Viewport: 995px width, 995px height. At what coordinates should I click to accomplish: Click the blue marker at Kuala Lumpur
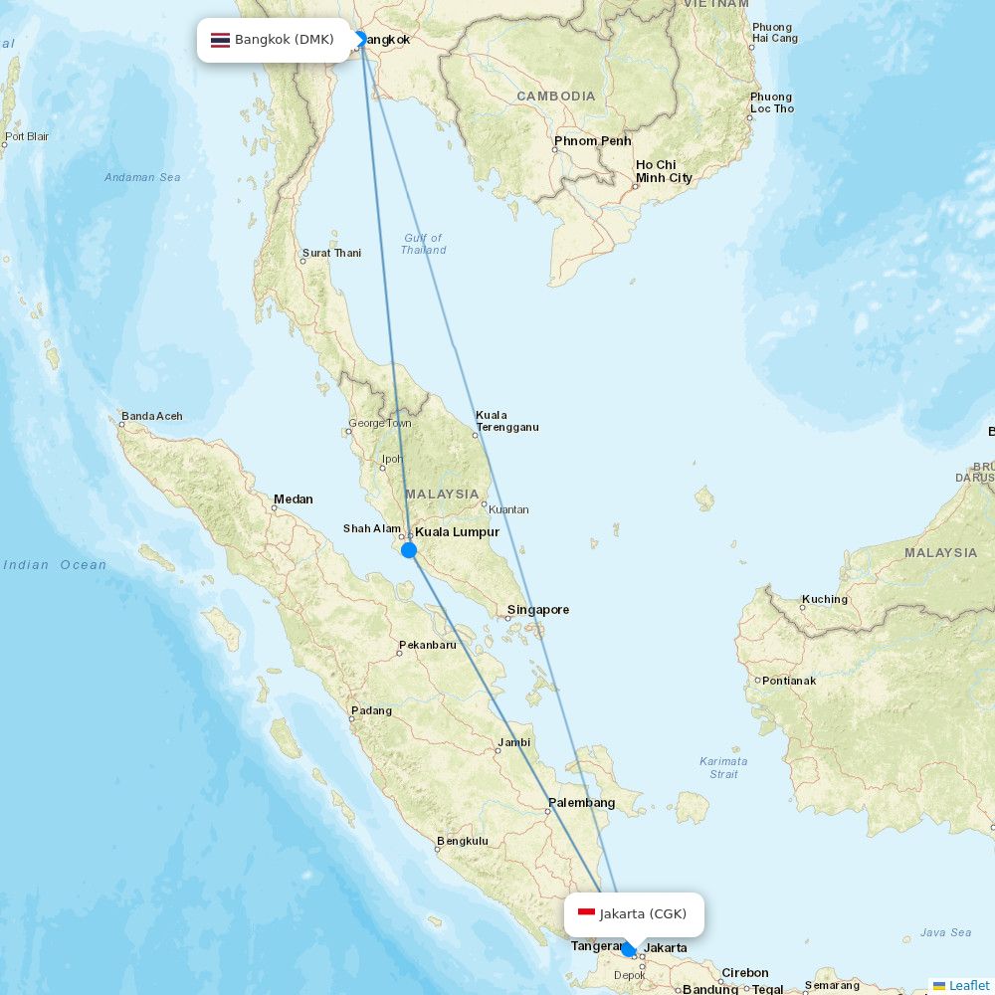click(x=409, y=549)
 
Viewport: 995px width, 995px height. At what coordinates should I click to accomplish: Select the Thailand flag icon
click(x=220, y=41)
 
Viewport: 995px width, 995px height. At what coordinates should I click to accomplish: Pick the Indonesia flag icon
click(x=586, y=913)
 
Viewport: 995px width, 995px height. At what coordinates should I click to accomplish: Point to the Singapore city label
click(x=537, y=610)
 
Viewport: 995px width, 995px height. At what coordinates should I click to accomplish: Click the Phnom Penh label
click(x=592, y=141)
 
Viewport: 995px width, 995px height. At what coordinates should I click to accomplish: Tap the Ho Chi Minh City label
click(x=664, y=171)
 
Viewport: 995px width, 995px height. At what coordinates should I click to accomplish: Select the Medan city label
click(x=293, y=499)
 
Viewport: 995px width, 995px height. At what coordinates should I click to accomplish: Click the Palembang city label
click(x=581, y=803)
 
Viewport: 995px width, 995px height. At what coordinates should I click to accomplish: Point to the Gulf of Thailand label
click(x=423, y=244)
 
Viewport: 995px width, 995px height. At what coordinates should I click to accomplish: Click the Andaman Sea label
click(x=142, y=177)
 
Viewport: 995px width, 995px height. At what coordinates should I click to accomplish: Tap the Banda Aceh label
click(x=151, y=416)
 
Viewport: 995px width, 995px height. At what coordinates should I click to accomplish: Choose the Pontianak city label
click(x=789, y=681)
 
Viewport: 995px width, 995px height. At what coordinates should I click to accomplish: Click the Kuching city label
click(x=825, y=599)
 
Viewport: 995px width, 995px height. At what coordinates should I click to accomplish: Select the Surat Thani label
click(x=331, y=254)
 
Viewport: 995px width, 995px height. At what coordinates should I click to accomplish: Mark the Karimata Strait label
click(x=723, y=767)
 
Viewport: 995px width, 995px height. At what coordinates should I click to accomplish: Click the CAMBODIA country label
click(x=555, y=97)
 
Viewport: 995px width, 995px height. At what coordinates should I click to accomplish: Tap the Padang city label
click(x=372, y=711)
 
